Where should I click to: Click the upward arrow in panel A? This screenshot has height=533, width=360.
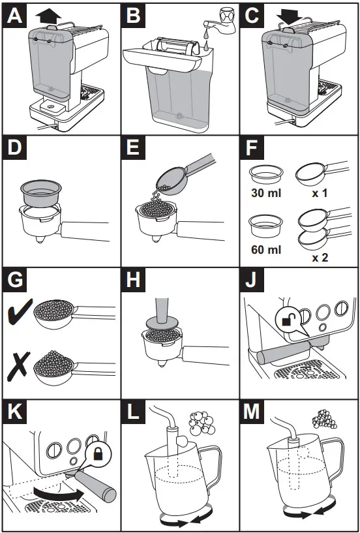(x=48, y=16)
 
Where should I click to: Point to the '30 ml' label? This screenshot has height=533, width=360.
(x=266, y=193)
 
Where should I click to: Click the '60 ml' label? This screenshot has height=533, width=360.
(x=266, y=250)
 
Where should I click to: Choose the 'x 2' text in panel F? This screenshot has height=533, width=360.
(x=320, y=258)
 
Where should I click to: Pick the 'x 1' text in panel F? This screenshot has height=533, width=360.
(x=320, y=193)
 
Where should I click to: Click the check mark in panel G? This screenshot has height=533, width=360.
(x=21, y=311)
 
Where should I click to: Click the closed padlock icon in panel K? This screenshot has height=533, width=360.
(x=98, y=455)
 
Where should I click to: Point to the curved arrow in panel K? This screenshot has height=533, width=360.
(x=58, y=494)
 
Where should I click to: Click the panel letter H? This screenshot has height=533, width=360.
(x=133, y=282)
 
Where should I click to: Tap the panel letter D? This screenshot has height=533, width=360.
(x=14, y=149)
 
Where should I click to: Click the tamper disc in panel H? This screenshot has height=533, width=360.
(x=162, y=324)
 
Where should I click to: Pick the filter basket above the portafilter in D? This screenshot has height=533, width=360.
(x=41, y=193)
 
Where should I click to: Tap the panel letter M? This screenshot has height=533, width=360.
(x=252, y=413)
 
